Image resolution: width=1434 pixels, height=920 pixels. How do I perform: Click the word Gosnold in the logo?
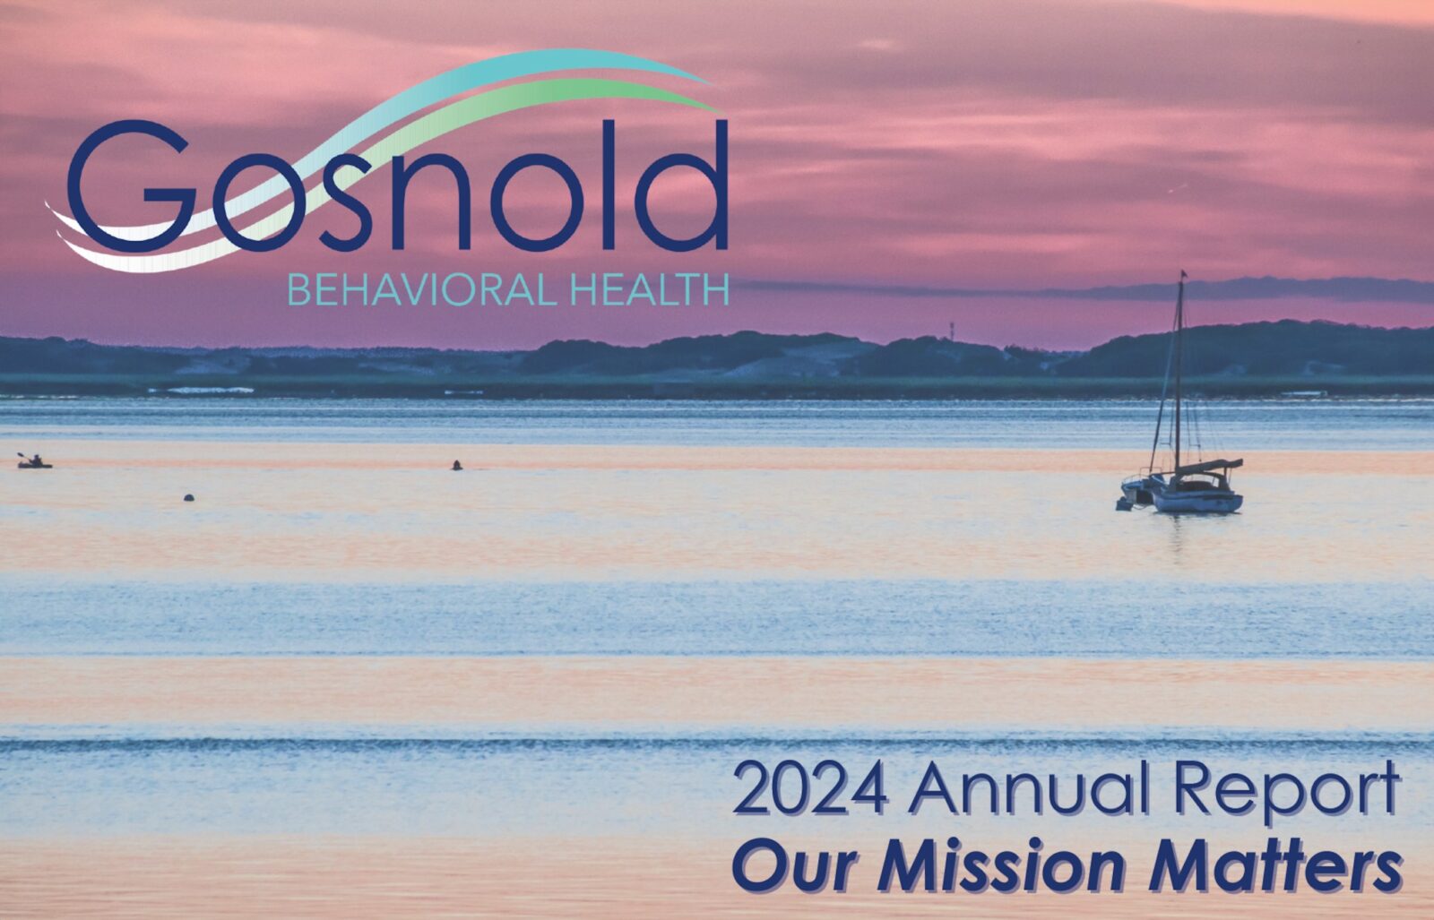tap(398, 185)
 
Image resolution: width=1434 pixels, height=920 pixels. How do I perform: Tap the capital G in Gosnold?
tap(131, 185)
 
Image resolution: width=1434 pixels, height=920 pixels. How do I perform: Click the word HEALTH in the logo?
tap(649, 290)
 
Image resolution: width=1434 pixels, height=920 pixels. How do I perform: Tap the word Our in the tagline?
tap(796, 868)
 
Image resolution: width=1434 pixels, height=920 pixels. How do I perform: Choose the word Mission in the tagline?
tap(1002, 867)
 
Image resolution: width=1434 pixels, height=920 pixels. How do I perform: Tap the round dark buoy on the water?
tap(189, 497)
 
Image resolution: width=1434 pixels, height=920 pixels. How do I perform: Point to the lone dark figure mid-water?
tap(456, 465)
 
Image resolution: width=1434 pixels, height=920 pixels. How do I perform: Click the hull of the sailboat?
tap(1197, 502)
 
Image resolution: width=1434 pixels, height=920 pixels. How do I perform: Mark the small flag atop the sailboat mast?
tap(1184, 274)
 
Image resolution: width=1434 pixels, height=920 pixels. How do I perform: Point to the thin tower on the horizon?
tap(951, 331)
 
